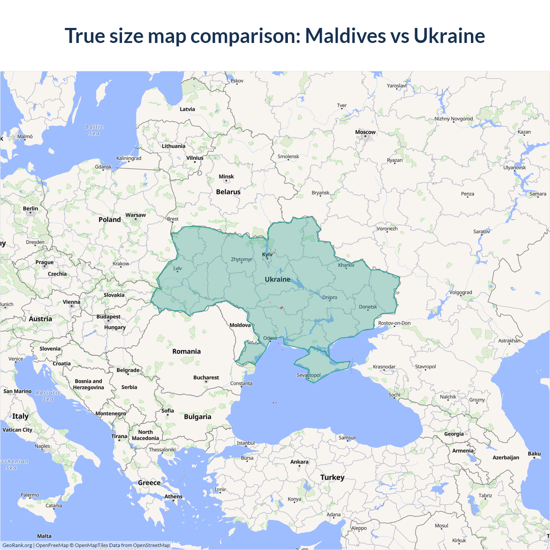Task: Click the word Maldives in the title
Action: [345, 36]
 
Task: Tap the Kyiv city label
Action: [267, 254]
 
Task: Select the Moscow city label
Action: [365, 132]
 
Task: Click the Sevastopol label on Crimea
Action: [309, 375]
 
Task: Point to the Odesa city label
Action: [270, 338]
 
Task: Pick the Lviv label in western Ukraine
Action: [177, 269]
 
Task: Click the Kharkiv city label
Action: [346, 265]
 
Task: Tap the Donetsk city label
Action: [368, 307]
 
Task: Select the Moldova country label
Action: [240, 325]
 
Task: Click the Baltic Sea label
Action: [94, 130]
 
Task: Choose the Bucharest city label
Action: [206, 378]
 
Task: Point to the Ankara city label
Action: [299, 462]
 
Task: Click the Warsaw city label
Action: [135, 215]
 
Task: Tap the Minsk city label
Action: [226, 177]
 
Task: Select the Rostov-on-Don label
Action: [394, 323]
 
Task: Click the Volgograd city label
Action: [461, 293]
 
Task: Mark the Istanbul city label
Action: [246, 443]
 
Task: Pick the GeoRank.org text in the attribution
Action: [17, 545]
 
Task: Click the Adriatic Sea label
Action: [48, 396]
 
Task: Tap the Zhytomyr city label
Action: [241, 260]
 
